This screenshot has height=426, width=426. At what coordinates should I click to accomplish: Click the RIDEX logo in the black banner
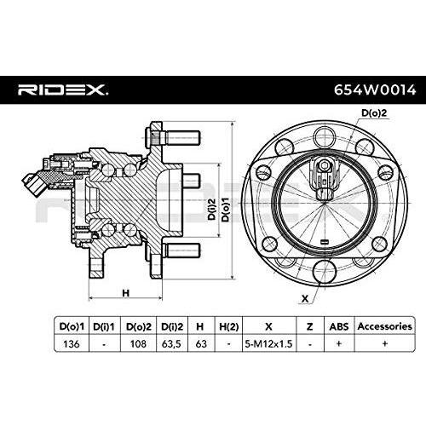tap(63, 89)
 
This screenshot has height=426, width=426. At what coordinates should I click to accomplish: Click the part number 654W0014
tap(375, 90)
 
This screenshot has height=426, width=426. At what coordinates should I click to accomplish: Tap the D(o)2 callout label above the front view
tap(374, 112)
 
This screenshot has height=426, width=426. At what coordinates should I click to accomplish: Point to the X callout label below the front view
tap(305, 298)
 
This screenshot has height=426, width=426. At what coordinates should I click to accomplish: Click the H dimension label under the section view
tap(125, 293)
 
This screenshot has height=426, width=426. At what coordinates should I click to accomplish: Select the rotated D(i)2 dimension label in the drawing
tap(211, 210)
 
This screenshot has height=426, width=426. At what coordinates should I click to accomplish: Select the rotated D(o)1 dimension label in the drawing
tap(226, 210)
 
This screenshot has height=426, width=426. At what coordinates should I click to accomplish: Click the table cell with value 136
tap(72, 343)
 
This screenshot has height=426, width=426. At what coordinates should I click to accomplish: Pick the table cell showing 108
tap(138, 343)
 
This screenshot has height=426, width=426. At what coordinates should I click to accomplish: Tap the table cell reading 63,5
tap(171, 343)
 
